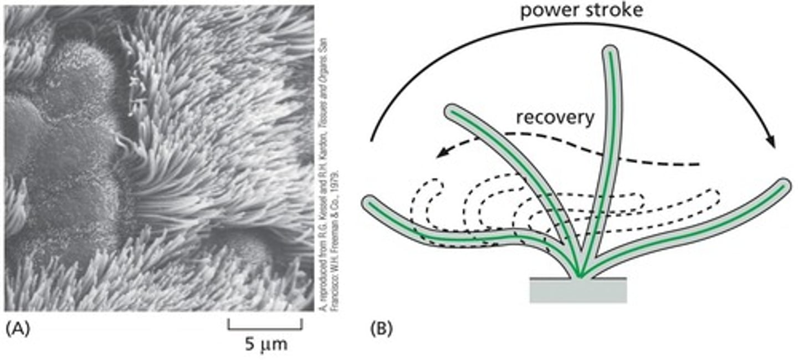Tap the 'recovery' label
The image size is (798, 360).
(555, 117)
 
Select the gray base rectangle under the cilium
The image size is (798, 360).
(578, 291)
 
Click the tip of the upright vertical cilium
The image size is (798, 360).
(610, 52)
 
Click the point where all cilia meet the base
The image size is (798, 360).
(579, 275)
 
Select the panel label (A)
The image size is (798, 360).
(17, 329)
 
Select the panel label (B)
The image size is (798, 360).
(381, 329)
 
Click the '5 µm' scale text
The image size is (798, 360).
(265, 346)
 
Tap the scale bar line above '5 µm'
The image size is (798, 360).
(265, 328)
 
